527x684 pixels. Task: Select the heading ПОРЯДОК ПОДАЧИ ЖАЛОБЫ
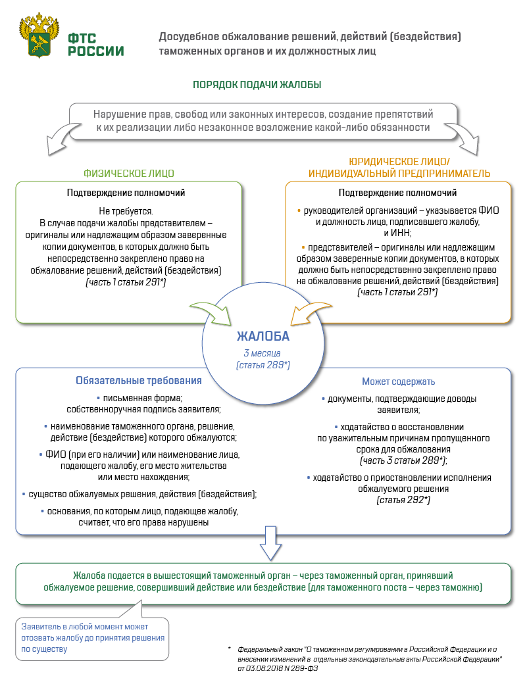pos(257,85)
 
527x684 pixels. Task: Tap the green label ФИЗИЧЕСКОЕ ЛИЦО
pos(129,174)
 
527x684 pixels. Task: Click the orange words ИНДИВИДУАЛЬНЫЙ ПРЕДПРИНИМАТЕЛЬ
pos(399,174)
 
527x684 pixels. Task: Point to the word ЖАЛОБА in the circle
pos(263,337)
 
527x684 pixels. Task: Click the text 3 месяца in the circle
pos(263,353)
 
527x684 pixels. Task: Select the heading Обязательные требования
pos(139,381)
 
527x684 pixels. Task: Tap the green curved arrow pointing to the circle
pos(209,312)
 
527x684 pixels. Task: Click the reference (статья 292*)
pos(403,501)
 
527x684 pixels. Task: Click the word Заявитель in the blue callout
pos(41,627)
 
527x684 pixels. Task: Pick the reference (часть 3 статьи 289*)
pos(403,460)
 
